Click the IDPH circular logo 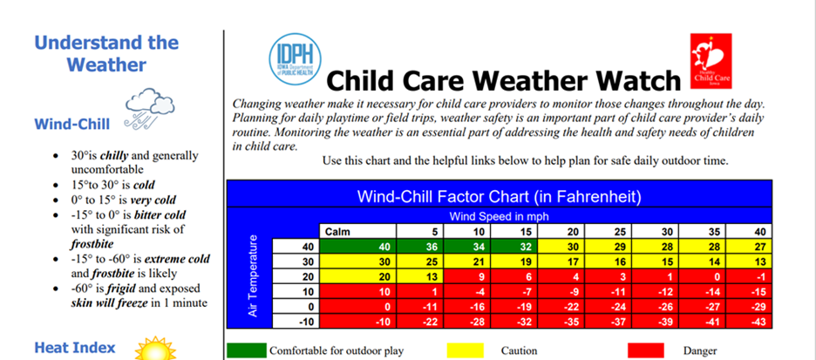coord(296,58)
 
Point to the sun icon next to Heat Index coord(154,349)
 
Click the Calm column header coord(337,231)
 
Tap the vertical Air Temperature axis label coord(254,275)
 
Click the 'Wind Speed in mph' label coord(499,214)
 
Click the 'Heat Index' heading coord(75,348)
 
